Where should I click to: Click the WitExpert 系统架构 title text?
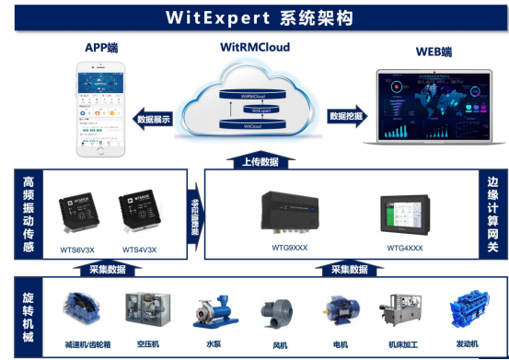click(253, 16)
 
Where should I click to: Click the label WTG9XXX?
click(292, 248)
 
